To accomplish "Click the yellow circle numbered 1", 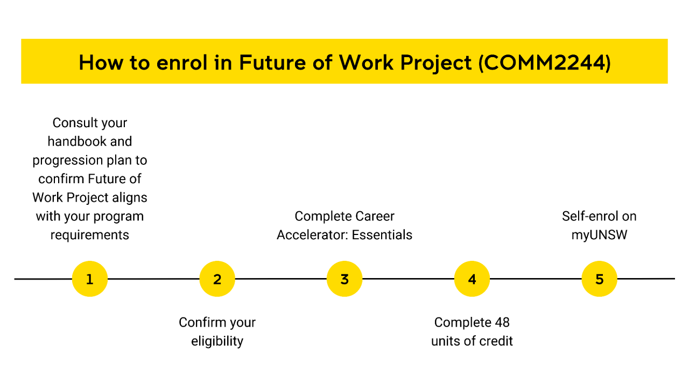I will click(90, 279).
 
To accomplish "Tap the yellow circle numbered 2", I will click(217, 279).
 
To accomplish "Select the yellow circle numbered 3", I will click(344, 279).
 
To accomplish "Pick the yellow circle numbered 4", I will click(472, 279).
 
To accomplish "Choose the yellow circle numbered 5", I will click(599, 279).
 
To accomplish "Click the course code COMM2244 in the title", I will click(544, 63).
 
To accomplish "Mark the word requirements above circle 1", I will click(90, 235).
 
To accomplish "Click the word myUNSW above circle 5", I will click(599, 235).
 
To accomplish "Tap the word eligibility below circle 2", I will click(217, 341).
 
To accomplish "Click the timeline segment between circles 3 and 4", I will click(408, 279).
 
